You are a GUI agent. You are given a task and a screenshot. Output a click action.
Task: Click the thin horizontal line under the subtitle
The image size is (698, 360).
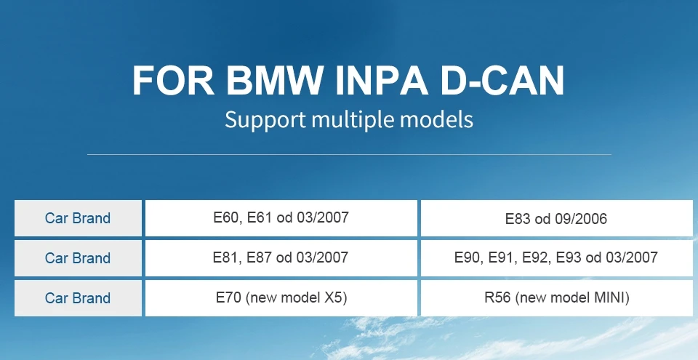pos(349,154)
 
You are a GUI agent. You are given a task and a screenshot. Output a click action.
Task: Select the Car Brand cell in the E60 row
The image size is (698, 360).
pos(78,218)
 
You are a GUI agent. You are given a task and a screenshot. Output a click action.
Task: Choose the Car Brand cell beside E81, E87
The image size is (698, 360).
pos(78,258)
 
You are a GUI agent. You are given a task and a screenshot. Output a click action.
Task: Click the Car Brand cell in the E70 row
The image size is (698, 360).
pos(78,298)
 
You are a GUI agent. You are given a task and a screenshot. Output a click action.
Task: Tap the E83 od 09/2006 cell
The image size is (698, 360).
pos(556,218)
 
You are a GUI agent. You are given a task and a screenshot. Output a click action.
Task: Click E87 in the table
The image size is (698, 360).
pos(260,257)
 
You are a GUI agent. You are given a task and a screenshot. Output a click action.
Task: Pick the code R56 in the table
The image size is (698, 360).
pos(498,297)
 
